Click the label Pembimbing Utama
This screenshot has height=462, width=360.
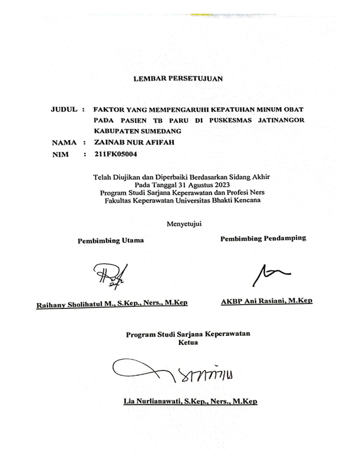[x=111, y=241]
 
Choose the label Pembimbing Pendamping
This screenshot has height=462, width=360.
[x=263, y=238]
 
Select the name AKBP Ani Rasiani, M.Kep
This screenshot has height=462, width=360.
[x=266, y=301]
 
